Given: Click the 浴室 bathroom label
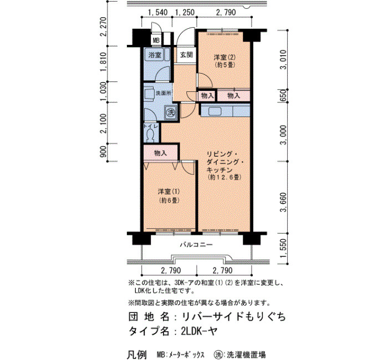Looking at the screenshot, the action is click(155, 55).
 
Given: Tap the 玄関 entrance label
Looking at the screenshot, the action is click(186, 55).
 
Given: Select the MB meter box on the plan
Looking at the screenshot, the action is click(156, 40).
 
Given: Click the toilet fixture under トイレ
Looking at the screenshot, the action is click(150, 135).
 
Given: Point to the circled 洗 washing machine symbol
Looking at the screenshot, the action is click(171, 113).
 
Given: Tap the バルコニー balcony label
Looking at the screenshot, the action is click(196, 245).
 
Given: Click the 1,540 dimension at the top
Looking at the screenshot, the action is click(157, 12).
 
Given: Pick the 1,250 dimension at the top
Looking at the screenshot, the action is click(185, 12).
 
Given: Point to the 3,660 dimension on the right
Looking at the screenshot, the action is click(283, 202).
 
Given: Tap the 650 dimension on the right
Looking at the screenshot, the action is click(283, 95).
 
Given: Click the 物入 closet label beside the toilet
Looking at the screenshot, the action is click(161, 153).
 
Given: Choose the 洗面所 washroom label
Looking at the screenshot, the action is click(164, 94).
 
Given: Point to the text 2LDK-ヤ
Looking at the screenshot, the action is click(199, 331).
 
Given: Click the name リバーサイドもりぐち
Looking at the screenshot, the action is click(234, 317).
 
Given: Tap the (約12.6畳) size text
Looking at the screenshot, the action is click(224, 177).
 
